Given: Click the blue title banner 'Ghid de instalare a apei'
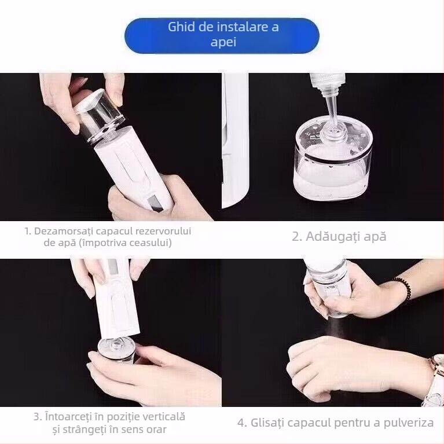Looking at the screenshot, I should point(222,35).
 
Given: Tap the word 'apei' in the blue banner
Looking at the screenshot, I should point(223,43).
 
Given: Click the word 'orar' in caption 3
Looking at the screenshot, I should point(155,430).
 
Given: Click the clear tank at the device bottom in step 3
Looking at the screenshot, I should point(116,350).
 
